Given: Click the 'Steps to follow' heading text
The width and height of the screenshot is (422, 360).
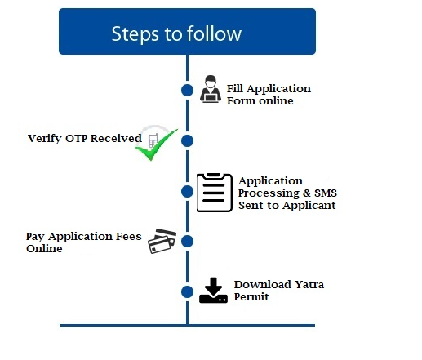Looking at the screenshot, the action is coord(176,34).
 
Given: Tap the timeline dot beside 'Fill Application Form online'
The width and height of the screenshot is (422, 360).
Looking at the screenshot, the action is coord(187,90).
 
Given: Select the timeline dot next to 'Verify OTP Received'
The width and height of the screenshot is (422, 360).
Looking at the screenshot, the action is coord(187,140).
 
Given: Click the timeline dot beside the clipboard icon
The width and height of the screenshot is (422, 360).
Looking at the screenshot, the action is coord(187,191).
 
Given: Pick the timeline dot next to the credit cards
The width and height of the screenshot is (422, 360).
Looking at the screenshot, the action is coord(187,241).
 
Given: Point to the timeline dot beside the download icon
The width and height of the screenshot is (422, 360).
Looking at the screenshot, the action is coord(187,291).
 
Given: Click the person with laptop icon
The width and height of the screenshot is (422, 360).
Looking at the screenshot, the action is coord(211,89).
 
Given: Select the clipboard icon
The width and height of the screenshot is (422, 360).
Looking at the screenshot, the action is coord(215,193).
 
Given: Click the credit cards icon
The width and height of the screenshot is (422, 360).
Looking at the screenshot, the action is coord(162,241).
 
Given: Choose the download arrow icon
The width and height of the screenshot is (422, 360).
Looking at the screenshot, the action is coord(213,291).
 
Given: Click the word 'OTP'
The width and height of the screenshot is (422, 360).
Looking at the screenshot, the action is coord(77,138).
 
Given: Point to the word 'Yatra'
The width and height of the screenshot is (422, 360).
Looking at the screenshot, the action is coord(309,285).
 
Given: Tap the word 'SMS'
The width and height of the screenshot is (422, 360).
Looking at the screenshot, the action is coord(326,193).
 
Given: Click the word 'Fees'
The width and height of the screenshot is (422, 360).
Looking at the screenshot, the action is coord(129,236).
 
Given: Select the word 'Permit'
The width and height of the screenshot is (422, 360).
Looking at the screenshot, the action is coord(251,297).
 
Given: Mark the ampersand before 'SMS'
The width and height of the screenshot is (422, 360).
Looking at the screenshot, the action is coord(307,193).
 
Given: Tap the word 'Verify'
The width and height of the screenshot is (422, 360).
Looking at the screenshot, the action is coord(45,139).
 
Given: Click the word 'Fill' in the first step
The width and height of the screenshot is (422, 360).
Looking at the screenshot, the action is coord(235,89).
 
